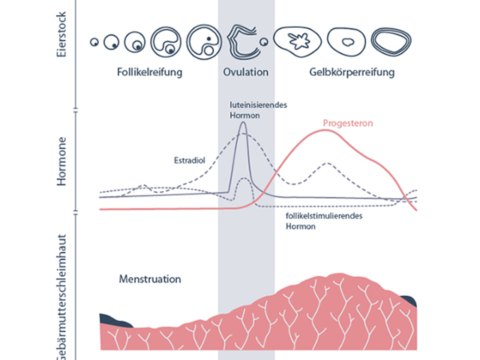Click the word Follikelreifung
coord(150,73)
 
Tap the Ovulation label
coord(245,73)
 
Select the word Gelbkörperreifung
coord(352,73)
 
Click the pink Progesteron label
coord(348,123)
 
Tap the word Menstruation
coord(150,279)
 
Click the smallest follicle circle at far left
coord(95,43)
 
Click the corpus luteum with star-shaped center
coord(298,41)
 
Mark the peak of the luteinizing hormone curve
coord(242,124)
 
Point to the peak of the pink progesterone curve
coord(325,130)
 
